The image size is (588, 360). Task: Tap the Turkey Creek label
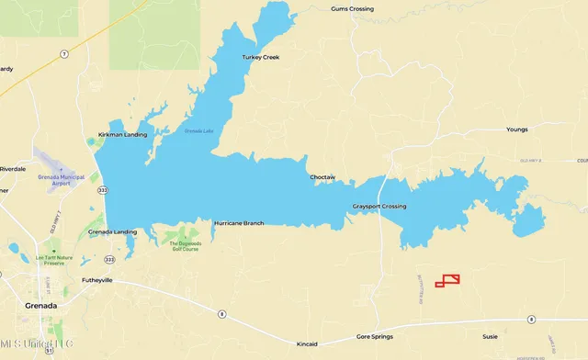pos(260,57)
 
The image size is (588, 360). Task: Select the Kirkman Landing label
pos(122,135)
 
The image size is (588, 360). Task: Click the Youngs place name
pos(517,129)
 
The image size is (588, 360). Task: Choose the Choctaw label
pos(322,176)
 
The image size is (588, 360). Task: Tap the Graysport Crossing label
pos(379,206)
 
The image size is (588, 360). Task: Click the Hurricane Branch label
pos(239,223)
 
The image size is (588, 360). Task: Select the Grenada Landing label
pos(112,231)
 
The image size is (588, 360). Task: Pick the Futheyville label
pos(96,280)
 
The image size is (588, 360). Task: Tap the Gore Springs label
pos(375,338)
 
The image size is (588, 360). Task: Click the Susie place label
pos(491,338)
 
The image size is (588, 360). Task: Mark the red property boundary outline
pos(447,280)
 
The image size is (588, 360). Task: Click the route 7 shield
pos(64,55)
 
